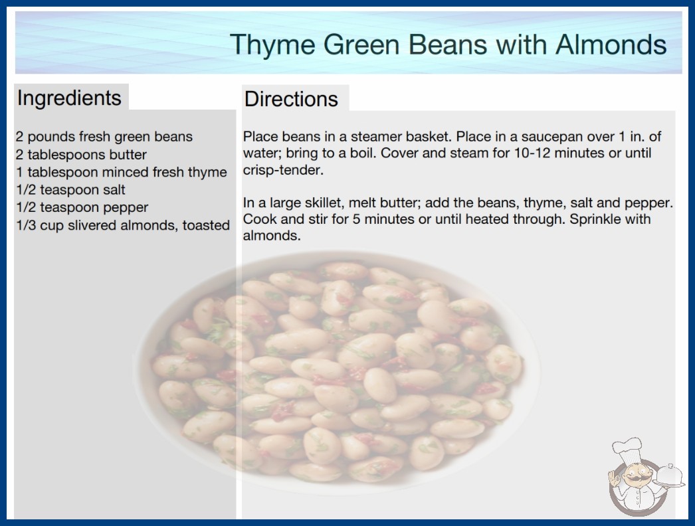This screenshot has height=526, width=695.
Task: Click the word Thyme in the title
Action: tap(272, 46)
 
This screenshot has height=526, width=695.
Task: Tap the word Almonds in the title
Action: tap(611, 44)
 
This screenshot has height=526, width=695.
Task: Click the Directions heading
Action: tap(291, 99)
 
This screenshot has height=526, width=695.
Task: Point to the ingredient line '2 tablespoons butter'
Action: tap(81, 155)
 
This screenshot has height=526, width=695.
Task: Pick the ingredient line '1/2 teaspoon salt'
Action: tap(70, 190)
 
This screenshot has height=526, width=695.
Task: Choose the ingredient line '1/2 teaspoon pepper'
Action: tap(82, 208)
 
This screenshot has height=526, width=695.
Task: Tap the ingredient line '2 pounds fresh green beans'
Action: tap(104, 137)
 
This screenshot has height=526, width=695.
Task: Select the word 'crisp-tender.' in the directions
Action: tap(283, 170)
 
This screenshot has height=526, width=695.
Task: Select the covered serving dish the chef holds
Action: tap(669, 476)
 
